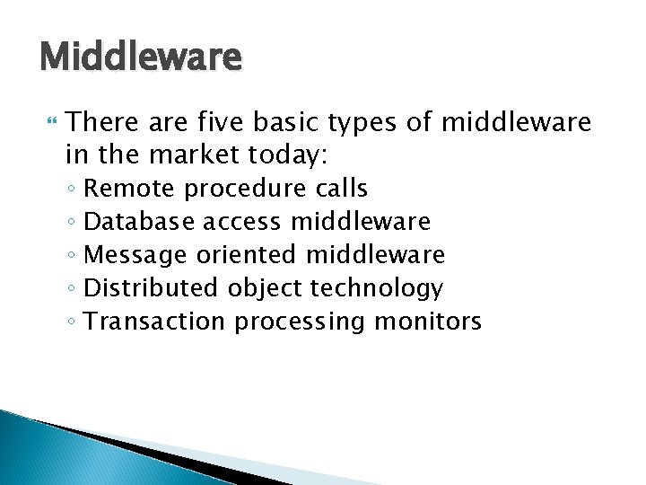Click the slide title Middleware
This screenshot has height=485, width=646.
pos(141,57)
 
